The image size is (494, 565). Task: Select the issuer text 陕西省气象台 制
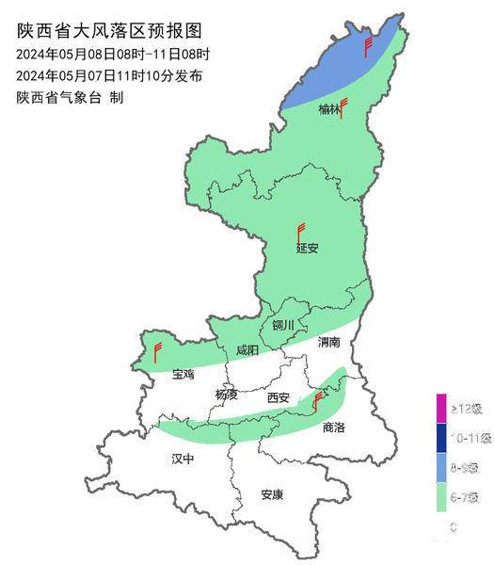click(71, 97)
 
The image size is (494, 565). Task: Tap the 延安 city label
click(308, 249)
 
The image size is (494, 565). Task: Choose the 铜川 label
click(283, 326)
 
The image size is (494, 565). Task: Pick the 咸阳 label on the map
click(247, 349)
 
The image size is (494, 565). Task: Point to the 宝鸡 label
click(183, 374)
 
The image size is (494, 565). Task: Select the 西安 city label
click(279, 397)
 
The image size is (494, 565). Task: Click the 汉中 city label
click(183, 460)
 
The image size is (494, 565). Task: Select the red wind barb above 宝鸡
click(157, 353)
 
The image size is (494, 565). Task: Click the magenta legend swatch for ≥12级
click(440, 409)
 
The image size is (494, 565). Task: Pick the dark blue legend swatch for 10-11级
click(440, 438)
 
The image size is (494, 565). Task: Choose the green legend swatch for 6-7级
click(440, 496)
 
